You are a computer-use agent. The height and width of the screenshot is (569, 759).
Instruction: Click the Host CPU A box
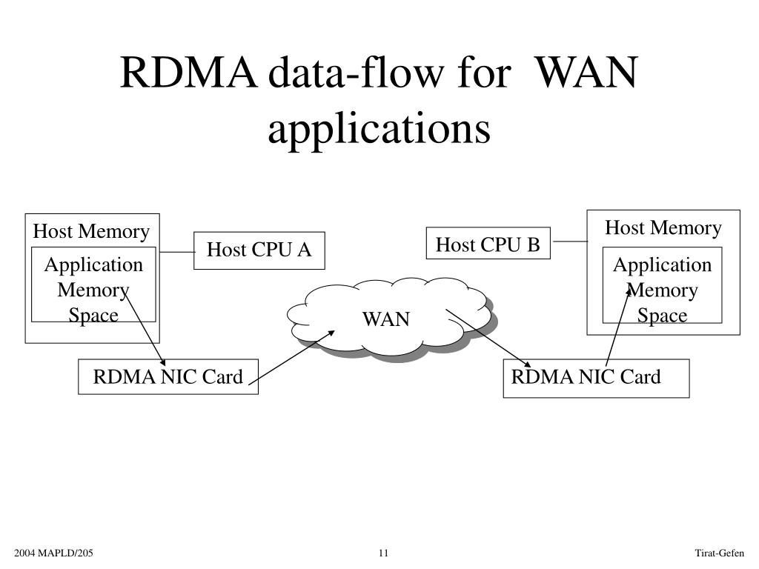coord(259,250)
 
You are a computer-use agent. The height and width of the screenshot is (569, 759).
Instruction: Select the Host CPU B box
coord(488,244)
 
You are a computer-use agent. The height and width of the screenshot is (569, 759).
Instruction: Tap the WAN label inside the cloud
coord(385,319)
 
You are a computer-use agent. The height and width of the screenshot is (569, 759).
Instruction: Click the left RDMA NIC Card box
coord(168,377)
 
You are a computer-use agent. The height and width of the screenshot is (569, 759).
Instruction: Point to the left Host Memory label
coord(91,232)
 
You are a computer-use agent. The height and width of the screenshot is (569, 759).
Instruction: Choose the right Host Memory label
coord(663,227)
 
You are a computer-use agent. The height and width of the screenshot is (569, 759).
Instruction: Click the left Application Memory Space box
coord(93,289)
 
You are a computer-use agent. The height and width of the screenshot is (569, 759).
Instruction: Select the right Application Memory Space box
coord(662,290)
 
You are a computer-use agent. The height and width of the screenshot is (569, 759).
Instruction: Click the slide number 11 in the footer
coord(383,553)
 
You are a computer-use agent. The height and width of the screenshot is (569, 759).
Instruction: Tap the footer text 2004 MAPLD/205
coord(57,553)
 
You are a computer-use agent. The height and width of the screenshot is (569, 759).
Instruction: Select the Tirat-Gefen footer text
coord(718,553)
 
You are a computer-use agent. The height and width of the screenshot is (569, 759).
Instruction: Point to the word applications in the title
coord(379,128)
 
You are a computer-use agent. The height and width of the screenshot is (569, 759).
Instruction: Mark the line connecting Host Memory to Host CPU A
coord(176,252)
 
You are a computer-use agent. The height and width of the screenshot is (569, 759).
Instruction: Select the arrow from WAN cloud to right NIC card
coord(488,337)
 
